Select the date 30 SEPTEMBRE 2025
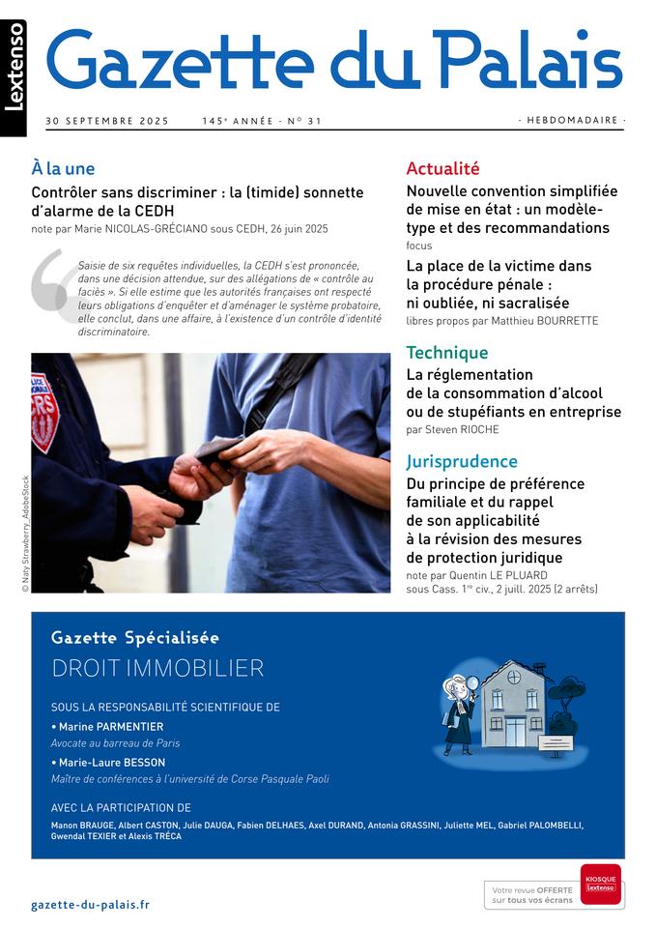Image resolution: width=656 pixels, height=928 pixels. coord(107,121)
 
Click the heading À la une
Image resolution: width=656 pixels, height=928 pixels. coord(63,168)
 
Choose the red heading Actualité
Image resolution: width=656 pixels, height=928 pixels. coord(442,168)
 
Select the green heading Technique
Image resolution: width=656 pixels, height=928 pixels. coord(446,353)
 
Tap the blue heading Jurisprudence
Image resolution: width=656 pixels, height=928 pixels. coord(462,461)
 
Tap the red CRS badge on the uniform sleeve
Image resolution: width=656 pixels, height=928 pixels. coord(44,411)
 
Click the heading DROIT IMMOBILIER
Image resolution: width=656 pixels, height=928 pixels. coord(157,668)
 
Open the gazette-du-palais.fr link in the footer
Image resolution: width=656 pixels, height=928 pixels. coord(90,905)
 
